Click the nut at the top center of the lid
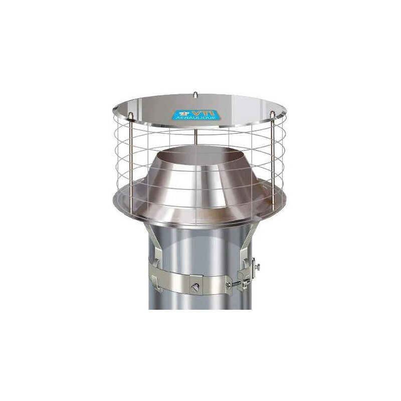tap(195, 94)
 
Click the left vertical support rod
tap(131, 160)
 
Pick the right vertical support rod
tap(272, 160)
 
